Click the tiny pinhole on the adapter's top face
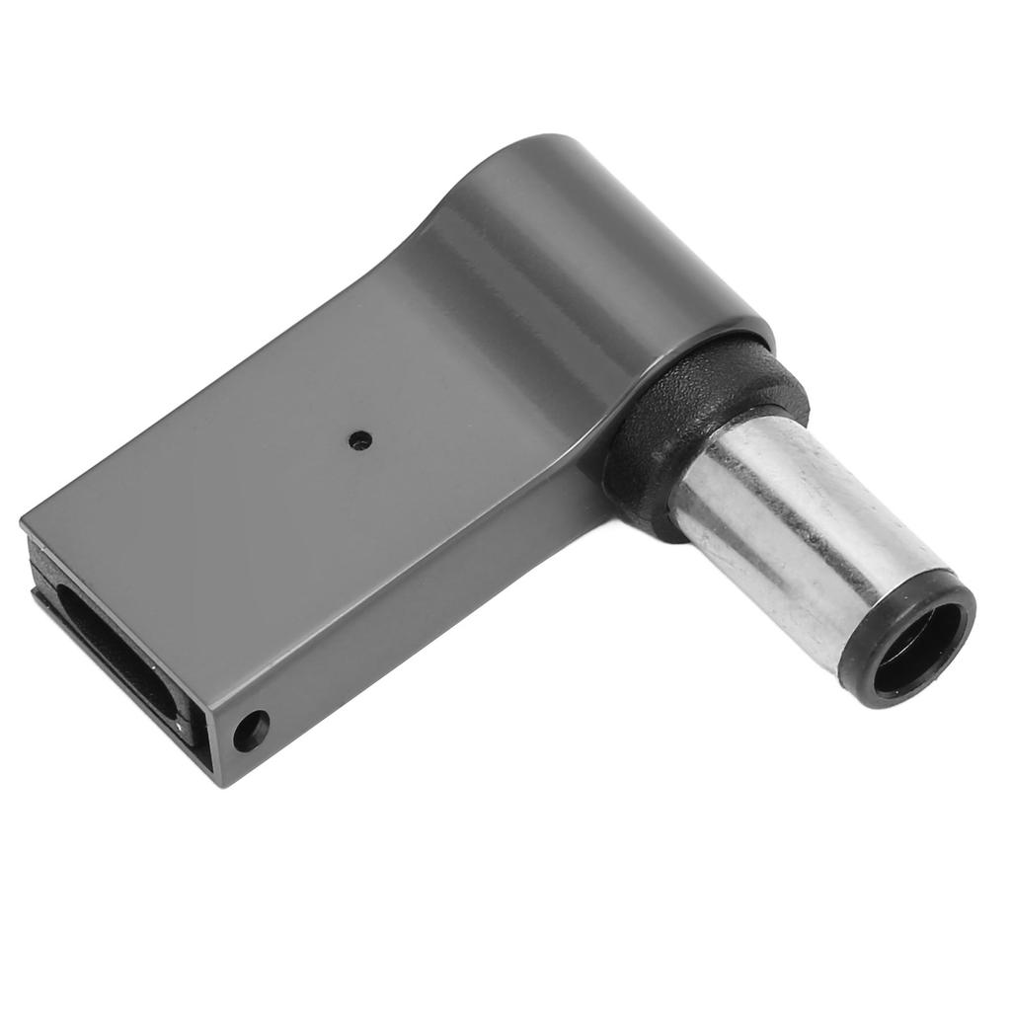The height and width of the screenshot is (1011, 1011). pyautogui.click(x=360, y=440)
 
